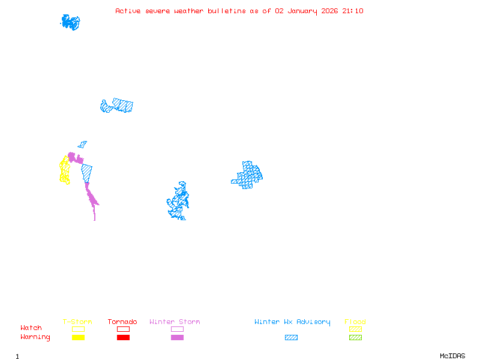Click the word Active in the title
(x=128, y=11)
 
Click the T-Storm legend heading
(x=77, y=322)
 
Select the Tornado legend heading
(x=122, y=322)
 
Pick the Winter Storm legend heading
(x=175, y=322)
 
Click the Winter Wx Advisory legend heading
(x=292, y=322)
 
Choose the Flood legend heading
(x=355, y=322)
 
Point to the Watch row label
(x=31, y=328)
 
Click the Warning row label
(x=35, y=337)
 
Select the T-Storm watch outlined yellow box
(x=78, y=329)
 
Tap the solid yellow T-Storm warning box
(x=78, y=338)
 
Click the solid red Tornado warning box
(x=123, y=338)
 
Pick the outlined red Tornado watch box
(x=123, y=329)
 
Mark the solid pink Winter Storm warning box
(x=177, y=338)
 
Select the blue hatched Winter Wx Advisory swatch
(x=291, y=338)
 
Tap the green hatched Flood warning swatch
(x=355, y=338)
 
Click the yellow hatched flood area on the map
(x=64, y=170)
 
